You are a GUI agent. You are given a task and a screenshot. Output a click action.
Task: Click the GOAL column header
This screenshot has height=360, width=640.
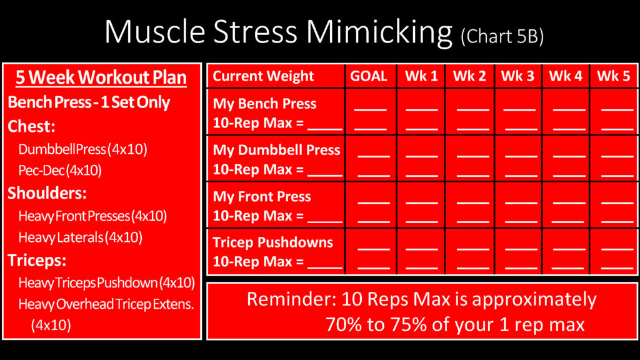pyautogui.click(x=369, y=76)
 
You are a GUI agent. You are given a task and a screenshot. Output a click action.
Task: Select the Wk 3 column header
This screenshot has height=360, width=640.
pyautogui.click(x=517, y=76)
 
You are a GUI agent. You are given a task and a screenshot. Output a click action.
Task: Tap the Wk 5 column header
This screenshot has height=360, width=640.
pyautogui.click(x=614, y=76)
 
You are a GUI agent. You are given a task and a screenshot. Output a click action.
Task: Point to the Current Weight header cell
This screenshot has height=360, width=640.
pyautogui.click(x=263, y=76)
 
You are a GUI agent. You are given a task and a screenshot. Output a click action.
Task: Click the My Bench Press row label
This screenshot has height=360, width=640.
pyautogui.click(x=264, y=104)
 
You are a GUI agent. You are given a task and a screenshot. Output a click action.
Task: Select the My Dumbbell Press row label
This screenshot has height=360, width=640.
pyautogui.click(x=276, y=150)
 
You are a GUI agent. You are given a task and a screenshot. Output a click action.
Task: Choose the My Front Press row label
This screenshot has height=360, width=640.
pyautogui.click(x=262, y=197)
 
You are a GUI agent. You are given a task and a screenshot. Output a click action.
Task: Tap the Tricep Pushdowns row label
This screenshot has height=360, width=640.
pyautogui.click(x=272, y=242)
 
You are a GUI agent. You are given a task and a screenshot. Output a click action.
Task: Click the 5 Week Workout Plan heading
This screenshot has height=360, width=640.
pyautogui.click(x=101, y=77)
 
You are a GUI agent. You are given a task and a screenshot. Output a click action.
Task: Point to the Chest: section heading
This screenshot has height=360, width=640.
pyautogui.click(x=31, y=126)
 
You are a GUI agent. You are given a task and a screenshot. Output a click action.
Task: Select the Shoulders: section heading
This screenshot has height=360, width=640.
pyautogui.click(x=47, y=193)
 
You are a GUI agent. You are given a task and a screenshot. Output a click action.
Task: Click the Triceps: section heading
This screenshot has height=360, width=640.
pyautogui.click(x=37, y=261)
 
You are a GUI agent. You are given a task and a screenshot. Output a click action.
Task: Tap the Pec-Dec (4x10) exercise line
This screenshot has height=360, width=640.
pyautogui.click(x=60, y=170)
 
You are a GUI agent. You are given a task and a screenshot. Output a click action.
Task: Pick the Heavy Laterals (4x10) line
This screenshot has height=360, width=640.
pyautogui.click(x=81, y=237)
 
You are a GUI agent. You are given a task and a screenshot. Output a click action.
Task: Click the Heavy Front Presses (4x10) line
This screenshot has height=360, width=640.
pyautogui.click(x=92, y=216)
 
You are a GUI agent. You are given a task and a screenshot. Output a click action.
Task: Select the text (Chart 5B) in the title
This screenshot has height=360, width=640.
pyautogui.click(x=502, y=37)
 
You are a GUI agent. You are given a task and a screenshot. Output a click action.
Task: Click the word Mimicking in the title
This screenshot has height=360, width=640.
pyautogui.click(x=379, y=32)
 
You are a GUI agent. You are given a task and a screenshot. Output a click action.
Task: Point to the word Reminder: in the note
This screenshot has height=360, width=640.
pyautogui.click(x=292, y=299)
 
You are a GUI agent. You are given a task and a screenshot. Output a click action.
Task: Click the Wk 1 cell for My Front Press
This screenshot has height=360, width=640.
pyautogui.click(x=421, y=205)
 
